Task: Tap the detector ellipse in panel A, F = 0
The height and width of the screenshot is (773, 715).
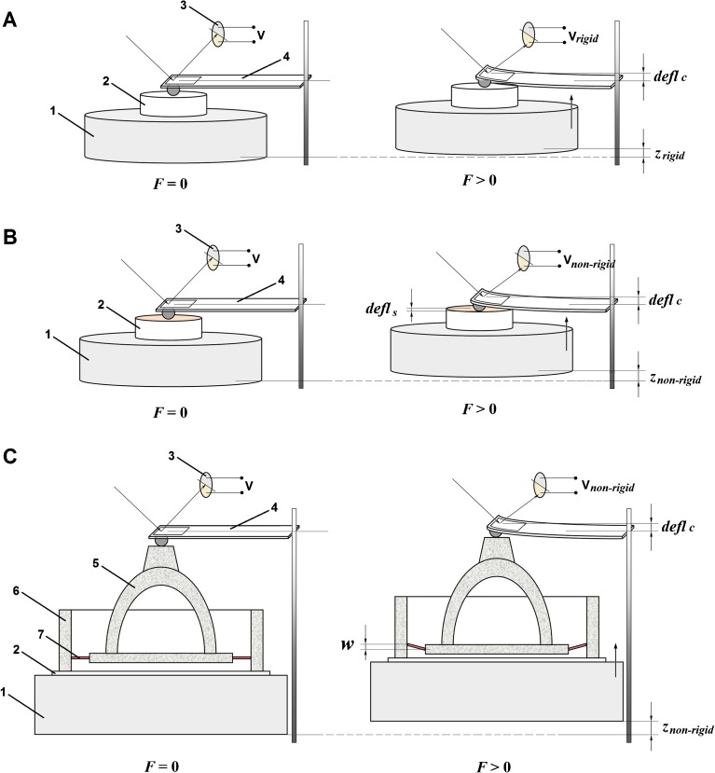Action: [219, 35]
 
